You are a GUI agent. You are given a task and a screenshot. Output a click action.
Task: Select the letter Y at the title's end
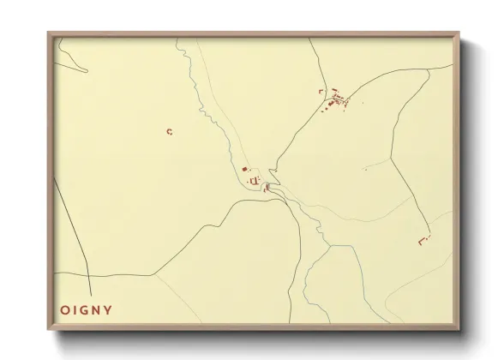click(x=108, y=309)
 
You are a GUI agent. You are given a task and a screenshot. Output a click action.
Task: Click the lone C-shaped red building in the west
click(x=170, y=131)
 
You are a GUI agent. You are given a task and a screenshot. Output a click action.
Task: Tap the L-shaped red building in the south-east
click(x=422, y=242)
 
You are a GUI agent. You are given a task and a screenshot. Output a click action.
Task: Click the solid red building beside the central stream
click(x=245, y=169)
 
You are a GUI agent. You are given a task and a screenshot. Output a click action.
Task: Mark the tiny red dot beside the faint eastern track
click(x=365, y=169)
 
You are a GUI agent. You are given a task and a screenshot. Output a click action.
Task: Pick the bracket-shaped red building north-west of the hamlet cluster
click(x=320, y=90)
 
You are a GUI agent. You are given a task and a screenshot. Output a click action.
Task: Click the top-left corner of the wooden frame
click(x=48, y=33)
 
